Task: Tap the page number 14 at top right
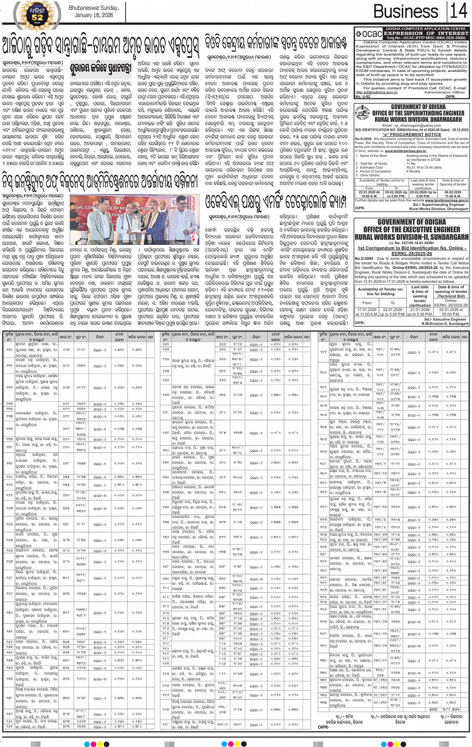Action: click(458, 11)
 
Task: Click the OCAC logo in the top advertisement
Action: click(369, 34)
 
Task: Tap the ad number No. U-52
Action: click(363, 96)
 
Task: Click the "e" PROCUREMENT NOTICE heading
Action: click(411, 134)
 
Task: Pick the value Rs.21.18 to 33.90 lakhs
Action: click(424, 168)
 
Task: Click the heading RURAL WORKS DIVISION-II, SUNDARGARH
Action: click(411, 237)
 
